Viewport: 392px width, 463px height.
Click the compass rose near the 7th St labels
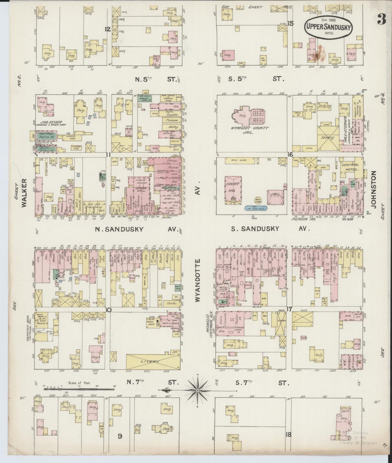[197, 390]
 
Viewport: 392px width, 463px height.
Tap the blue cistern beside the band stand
[256, 208]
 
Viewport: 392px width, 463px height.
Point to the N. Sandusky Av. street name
[119, 229]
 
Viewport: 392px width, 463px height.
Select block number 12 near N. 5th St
[108, 29]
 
